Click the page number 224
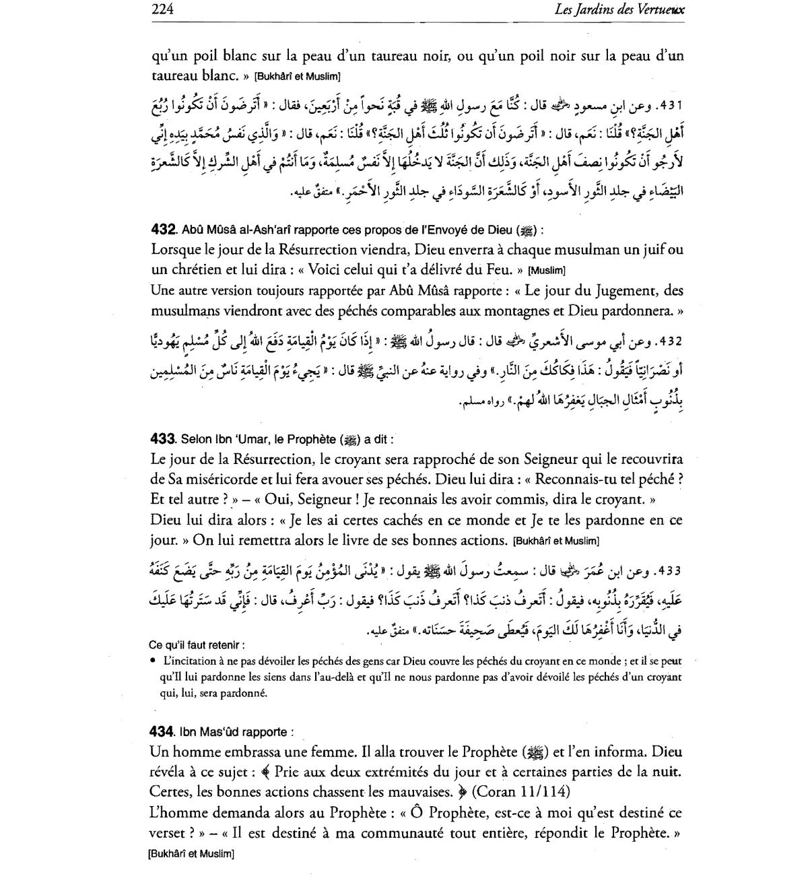(x=163, y=9)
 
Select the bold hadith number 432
(x=164, y=230)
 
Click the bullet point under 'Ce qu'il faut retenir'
(x=154, y=661)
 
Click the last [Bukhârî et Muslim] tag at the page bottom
(x=191, y=854)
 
